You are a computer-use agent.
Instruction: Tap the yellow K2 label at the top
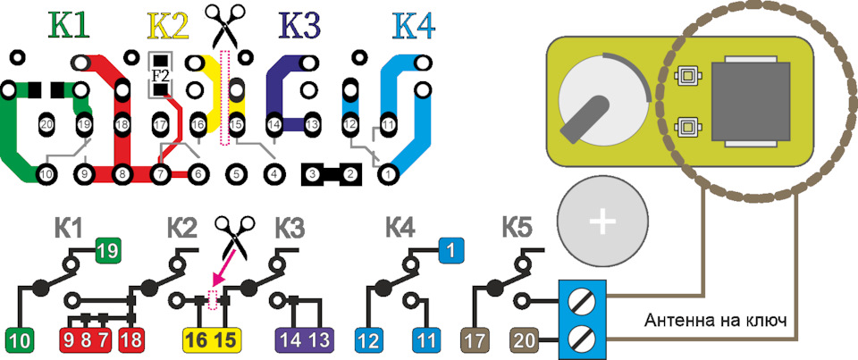click(168, 25)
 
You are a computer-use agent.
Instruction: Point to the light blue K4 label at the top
click(414, 25)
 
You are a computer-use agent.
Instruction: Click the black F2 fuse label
click(159, 75)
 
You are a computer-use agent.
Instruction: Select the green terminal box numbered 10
click(22, 340)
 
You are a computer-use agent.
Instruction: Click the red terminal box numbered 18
click(130, 340)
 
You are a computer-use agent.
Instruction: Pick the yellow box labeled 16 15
click(213, 340)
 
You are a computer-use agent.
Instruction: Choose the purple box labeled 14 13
click(305, 340)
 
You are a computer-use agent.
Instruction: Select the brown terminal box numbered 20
click(527, 340)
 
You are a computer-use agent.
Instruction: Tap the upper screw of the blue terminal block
click(582, 300)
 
